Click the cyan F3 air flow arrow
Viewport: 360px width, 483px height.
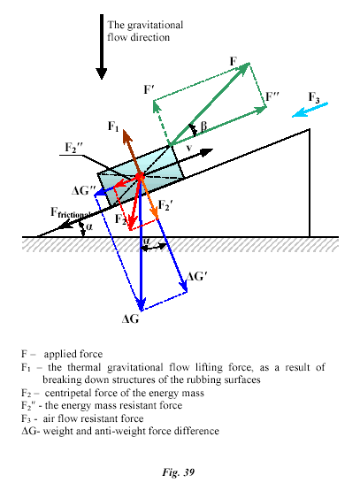click(x=310, y=110)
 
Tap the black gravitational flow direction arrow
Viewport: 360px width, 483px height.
click(x=102, y=47)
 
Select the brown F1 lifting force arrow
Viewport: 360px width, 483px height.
click(x=132, y=152)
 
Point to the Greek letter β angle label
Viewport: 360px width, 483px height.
click(x=203, y=126)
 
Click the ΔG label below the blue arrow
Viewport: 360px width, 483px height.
click(x=131, y=319)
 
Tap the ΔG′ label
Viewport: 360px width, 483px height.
click(x=195, y=277)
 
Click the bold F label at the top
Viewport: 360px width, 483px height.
click(x=234, y=61)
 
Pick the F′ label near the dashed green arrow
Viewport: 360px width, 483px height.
click(x=149, y=89)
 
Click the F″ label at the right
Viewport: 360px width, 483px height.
click(x=272, y=96)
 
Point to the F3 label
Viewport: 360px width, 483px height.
click(x=314, y=97)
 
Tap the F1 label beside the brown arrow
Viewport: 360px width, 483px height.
click(x=113, y=126)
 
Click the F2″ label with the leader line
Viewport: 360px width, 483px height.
click(x=73, y=148)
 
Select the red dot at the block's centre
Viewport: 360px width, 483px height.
click(x=140, y=176)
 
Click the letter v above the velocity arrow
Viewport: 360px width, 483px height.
click(x=189, y=148)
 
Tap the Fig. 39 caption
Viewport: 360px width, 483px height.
click(x=179, y=472)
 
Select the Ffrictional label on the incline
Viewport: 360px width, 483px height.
click(x=71, y=213)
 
